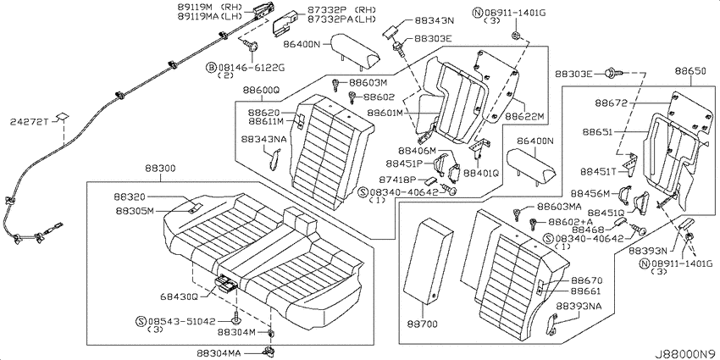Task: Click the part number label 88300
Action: (160, 169)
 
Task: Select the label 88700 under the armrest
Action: (422, 324)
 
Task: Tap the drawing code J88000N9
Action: (685, 354)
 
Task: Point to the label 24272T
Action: (29, 122)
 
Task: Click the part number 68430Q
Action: (179, 296)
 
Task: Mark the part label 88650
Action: (690, 71)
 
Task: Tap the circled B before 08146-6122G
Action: (211, 68)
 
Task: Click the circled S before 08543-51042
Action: (141, 320)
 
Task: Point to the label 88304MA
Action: (219, 352)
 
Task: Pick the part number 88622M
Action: (524, 117)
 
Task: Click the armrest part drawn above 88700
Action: (428, 262)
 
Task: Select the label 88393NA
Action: (579, 306)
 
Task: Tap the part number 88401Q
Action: (481, 173)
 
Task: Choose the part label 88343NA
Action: (265, 139)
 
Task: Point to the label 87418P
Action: (398, 180)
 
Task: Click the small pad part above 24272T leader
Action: (62, 116)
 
